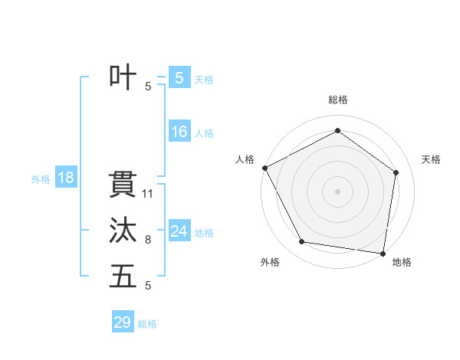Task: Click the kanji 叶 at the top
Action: (x=123, y=77)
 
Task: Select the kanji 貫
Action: (x=123, y=185)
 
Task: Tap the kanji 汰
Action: (x=123, y=231)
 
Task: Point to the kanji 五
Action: (x=123, y=277)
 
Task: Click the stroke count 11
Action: (x=149, y=194)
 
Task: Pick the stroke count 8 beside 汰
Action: (x=148, y=240)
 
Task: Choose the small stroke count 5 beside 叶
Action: (x=148, y=87)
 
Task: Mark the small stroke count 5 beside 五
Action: (x=148, y=286)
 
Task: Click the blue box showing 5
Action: (x=179, y=77)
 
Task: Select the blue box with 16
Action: (x=179, y=132)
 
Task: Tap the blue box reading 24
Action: (x=179, y=231)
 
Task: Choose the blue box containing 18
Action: (x=66, y=178)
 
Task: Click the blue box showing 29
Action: (x=123, y=322)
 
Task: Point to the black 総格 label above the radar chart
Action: (x=338, y=100)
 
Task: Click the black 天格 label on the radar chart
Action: (x=432, y=159)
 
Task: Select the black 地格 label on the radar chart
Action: (x=402, y=262)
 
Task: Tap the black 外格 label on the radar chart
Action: (x=270, y=262)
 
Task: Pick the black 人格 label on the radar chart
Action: (x=245, y=159)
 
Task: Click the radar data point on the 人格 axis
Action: (x=264, y=168)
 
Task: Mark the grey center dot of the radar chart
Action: (x=338, y=191)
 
